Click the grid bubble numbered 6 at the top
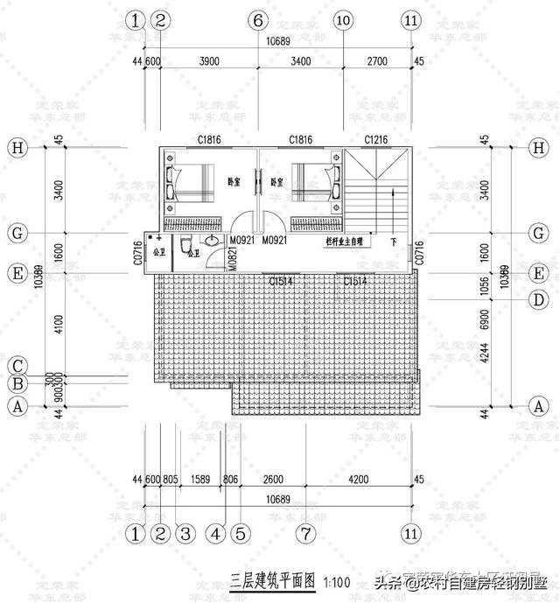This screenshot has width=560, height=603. pos(257,20)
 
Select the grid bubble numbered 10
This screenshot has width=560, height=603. pos(343,20)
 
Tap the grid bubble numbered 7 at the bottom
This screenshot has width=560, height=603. pos(304,532)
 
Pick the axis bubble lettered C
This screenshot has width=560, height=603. pos(16,366)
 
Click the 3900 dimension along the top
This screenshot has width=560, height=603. pos(209,61)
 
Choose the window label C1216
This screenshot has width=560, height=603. pos(377,140)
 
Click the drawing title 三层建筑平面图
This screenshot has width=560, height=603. pos(272,579)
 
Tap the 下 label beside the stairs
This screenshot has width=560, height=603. pos(394,242)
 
